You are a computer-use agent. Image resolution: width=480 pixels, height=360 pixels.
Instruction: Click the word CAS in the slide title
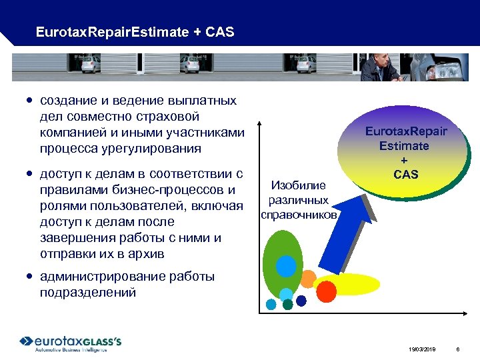[220, 32]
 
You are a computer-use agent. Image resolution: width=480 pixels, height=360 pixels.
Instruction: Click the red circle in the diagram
[326, 290]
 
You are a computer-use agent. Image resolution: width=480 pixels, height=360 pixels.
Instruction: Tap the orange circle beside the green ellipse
[307, 278]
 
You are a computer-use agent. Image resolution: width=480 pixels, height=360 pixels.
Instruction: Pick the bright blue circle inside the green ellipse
[286, 267]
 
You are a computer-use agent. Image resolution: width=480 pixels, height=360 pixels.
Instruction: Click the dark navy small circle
[301, 301]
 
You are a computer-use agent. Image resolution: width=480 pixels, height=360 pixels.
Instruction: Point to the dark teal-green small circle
[287, 305]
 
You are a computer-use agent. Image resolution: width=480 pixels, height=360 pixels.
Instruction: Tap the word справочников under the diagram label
[299, 215]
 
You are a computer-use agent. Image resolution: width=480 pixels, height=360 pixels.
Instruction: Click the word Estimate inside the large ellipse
[404, 145]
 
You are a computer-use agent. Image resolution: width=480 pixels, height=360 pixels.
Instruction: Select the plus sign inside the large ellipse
[404, 161]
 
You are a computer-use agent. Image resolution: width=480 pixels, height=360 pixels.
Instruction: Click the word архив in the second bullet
[149, 254]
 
